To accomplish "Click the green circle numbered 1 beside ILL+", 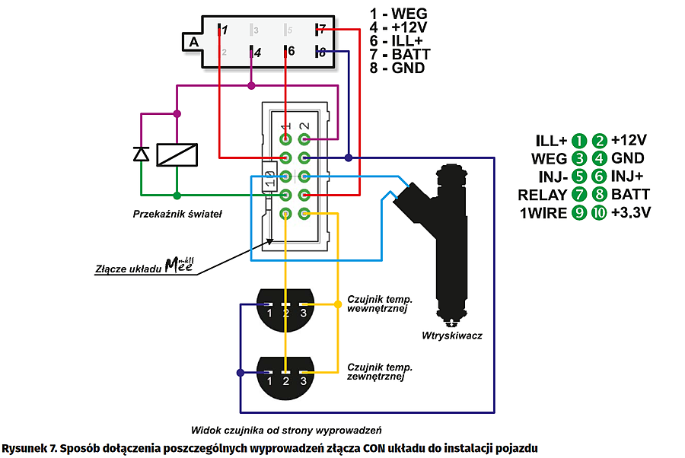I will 580,141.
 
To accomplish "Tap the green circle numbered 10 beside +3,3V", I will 599,214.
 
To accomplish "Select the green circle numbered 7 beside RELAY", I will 580,196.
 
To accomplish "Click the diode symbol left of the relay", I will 141,154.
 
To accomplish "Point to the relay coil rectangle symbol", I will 177,154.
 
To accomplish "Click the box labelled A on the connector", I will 193,42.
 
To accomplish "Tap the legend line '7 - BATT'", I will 400,55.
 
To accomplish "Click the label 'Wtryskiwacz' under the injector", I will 451,335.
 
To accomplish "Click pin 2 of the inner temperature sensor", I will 286,313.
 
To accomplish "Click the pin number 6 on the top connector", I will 288,52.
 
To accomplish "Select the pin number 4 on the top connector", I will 257,53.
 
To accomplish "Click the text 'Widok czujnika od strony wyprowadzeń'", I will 285,428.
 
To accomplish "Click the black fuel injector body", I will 451,243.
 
